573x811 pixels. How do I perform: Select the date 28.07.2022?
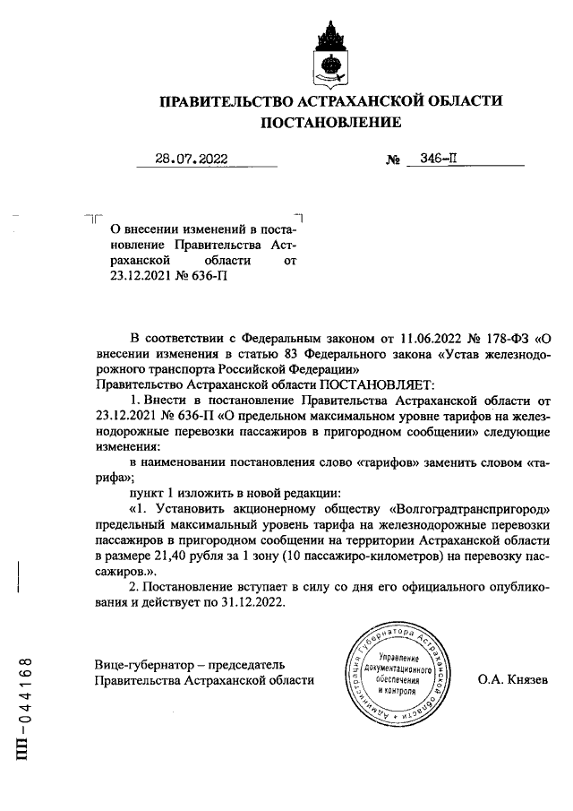191,160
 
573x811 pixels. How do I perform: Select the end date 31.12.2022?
244,602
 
